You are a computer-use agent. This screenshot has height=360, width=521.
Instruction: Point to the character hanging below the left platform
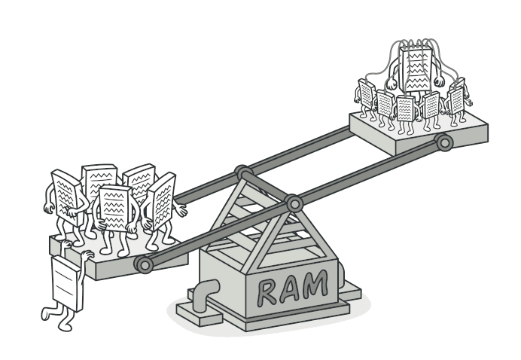point(67,282)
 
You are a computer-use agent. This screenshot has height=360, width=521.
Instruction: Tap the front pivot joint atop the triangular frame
point(293,203)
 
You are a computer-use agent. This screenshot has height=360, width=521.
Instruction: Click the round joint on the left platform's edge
point(143,264)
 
